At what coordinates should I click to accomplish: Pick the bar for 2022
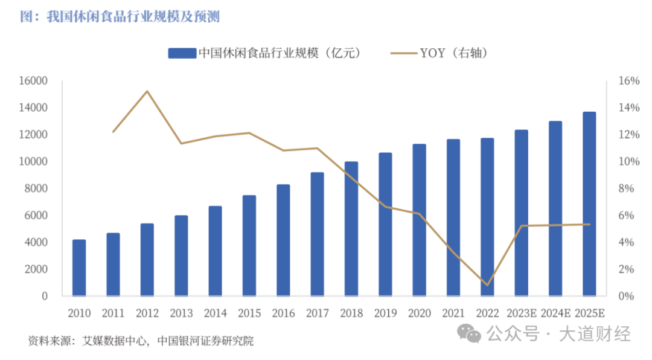tap(487, 217)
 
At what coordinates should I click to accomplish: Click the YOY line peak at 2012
tap(147, 91)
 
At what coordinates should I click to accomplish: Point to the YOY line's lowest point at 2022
tap(487, 285)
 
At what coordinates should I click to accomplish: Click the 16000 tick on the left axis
tap(36, 81)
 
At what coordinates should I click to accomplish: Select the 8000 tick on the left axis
tap(37, 188)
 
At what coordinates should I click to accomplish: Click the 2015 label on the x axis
tap(249, 313)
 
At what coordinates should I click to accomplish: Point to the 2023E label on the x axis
tap(521, 313)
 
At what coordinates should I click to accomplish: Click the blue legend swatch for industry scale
tap(182, 53)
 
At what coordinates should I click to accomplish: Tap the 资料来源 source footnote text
tap(141, 341)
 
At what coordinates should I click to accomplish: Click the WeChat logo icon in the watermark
tap(469, 332)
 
